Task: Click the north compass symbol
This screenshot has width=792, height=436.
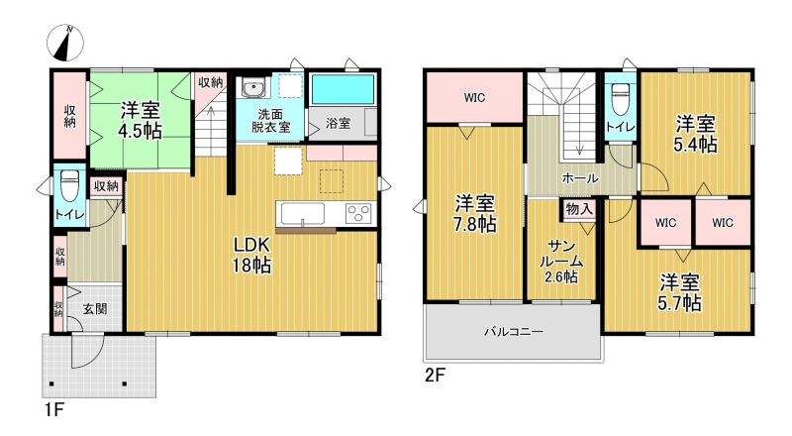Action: pos(65,43)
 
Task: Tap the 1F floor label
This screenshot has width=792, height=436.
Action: pos(53,409)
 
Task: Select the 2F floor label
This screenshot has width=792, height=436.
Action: pos(435,376)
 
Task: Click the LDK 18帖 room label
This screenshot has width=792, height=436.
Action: pos(251,255)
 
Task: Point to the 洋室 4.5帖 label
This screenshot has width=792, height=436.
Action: pos(140,120)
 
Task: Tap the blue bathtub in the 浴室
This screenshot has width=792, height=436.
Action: pos(343,89)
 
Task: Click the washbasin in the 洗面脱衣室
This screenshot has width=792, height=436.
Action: pos(252,88)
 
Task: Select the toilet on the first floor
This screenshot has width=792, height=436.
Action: pos(69,185)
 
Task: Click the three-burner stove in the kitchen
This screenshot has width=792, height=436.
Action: pos(358,212)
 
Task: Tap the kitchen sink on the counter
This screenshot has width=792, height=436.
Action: pos(303,213)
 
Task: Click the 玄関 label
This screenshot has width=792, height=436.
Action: pos(95,308)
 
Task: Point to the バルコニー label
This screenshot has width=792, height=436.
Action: pos(514,332)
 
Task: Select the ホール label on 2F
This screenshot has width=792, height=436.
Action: pos(580,178)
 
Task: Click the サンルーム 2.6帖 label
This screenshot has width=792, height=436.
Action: pos(561,262)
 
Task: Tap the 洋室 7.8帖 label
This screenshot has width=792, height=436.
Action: pos(474,213)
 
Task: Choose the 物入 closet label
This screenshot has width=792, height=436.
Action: pos(579,209)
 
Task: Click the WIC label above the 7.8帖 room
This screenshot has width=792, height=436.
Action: pos(474,98)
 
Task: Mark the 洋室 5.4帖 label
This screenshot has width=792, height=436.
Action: pos(695,134)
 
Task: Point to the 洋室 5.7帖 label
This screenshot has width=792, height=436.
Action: pos(679,292)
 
